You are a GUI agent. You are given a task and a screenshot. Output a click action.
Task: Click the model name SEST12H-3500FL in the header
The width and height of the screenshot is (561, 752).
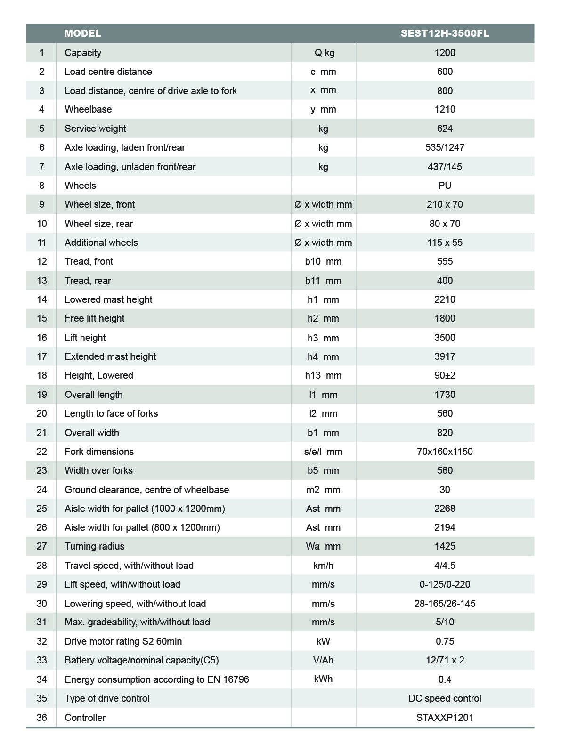coord(445,33)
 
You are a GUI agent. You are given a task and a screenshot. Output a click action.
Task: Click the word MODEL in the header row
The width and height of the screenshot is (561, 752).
coord(82,33)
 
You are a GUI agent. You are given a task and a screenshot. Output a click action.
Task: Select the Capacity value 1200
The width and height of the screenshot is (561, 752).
coord(445,53)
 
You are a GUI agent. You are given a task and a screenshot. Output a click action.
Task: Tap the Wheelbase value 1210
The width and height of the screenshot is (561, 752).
coord(445,109)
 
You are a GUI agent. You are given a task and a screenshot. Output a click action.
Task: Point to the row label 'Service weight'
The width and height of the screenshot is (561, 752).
coord(95,129)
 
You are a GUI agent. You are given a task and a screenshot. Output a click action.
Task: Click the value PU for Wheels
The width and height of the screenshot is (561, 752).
coord(445,186)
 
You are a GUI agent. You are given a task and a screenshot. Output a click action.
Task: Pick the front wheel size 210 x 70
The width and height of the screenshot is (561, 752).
coord(445,204)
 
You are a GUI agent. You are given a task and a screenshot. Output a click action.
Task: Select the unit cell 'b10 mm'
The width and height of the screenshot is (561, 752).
coord(323,261)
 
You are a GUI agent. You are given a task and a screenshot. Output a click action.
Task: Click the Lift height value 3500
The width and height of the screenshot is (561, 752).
coord(445,338)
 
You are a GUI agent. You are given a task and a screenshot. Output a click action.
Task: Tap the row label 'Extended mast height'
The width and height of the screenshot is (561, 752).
coord(110,356)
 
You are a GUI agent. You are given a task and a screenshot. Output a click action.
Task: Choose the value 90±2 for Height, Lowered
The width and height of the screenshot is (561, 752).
coord(445,375)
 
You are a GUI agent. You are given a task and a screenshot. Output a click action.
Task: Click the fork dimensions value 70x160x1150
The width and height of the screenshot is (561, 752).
coord(445,452)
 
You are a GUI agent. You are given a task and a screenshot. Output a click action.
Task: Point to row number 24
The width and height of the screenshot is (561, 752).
coord(41,490)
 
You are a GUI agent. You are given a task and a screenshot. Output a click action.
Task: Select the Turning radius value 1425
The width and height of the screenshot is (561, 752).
coord(445,546)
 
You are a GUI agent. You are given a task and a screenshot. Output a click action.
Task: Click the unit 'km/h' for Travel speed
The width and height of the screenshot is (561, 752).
coord(323,566)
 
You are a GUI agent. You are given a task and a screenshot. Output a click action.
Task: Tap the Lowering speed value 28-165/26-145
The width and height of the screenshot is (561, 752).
coord(445,604)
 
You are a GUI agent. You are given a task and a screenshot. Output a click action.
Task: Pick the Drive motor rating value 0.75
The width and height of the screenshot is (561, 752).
coord(445,641)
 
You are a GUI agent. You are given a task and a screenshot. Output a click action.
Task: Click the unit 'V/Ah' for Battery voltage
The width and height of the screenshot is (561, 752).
coord(323,660)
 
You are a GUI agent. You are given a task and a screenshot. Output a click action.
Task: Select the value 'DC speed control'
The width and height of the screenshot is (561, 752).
coord(445,698)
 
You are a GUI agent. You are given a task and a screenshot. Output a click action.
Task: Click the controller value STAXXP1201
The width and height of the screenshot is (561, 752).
coord(445,718)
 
